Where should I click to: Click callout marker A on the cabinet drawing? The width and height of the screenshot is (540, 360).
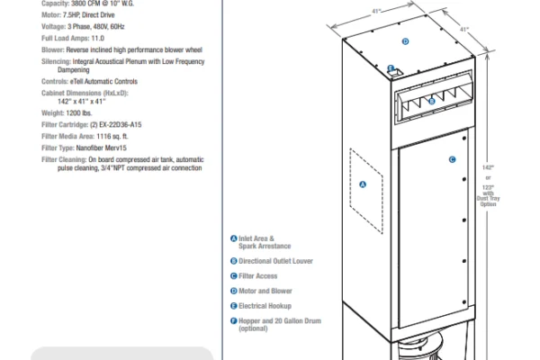[363, 184]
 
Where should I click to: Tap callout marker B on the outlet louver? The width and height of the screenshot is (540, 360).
[432, 102]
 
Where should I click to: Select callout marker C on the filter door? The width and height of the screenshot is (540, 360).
[452, 159]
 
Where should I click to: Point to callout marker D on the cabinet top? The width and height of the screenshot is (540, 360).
[405, 41]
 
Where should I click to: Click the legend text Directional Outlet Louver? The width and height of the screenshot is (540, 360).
[276, 261]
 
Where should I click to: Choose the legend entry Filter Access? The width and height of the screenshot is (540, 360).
[258, 276]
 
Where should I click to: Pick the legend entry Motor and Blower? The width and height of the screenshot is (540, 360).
[265, 291]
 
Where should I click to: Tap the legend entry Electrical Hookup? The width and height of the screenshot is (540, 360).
[265, 306]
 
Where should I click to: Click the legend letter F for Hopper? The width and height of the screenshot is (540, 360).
[233, 321]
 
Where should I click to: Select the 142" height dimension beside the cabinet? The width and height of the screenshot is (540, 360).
[488, 167]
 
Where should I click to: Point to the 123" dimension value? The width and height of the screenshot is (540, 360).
[488, 188]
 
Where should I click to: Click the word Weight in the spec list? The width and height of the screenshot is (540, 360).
[53, 113]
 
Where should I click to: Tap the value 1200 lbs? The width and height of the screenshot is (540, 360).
[79, 113]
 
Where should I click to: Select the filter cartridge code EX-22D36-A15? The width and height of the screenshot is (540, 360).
[121, 125]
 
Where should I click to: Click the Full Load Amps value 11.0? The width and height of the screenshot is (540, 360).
[98, 38]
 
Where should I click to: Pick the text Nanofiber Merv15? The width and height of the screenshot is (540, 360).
[101, 148]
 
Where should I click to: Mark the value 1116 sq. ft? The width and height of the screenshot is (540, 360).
[112, 137]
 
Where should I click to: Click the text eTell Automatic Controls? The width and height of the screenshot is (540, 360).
[103, 82]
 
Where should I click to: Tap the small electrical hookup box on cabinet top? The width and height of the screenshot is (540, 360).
[396, 72]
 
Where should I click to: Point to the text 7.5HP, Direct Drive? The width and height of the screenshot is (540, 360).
[89, 15]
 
